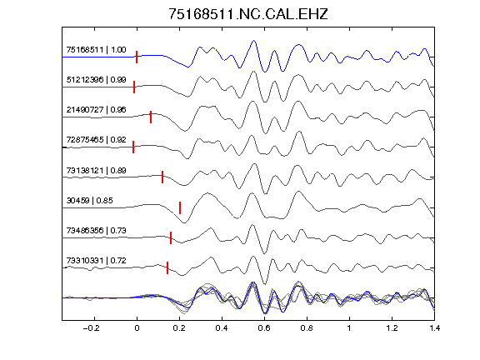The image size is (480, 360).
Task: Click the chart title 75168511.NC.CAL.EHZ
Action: coord(248,14)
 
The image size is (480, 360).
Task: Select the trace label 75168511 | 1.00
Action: coord(96,50)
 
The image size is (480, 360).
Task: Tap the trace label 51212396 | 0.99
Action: coord(96,80)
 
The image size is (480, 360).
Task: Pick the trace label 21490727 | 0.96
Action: coord(96,110)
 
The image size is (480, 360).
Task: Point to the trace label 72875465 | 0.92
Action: coord(96,140)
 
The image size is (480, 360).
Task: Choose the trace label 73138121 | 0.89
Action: coord(96,170)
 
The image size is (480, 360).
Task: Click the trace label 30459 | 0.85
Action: coord(89,201)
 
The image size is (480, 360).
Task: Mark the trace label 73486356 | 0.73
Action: coord(96,230)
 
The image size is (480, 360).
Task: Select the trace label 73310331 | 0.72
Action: coord(96,261)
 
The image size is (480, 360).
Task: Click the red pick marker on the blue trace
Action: coord(137,57)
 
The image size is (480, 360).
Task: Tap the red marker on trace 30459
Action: coord(180,207)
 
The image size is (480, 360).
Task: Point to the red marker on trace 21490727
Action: coord(151,117)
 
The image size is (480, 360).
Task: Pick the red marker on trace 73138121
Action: coord(162,177)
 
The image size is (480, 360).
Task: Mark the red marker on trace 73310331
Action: coord(167,267)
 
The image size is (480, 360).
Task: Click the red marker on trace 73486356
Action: coord(171,237)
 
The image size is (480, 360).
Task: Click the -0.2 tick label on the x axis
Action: coord(91,328)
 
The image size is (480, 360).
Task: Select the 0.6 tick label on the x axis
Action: coord(264,328)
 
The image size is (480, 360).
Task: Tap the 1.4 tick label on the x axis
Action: coord(434,328)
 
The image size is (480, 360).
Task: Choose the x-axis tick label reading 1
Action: coord(349,328)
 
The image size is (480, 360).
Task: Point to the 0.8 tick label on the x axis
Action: coord(307,328)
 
